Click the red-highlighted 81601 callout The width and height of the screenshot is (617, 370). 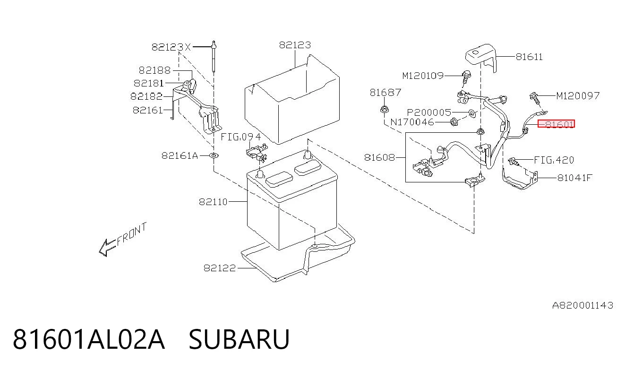(557, 124)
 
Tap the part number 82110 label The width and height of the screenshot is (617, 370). (213, 202)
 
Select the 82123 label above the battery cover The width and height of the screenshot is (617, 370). (295, 45)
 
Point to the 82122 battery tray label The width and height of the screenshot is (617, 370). (220, 268)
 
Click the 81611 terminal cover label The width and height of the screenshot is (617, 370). (529, 57)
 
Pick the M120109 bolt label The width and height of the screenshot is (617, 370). (423, 76)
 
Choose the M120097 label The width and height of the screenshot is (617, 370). (578, 96)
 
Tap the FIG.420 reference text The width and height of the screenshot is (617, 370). (554, 160)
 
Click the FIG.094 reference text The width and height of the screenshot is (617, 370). (241, 137)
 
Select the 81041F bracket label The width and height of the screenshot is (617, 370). (574, 178)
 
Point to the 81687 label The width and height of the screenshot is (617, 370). (386, 93)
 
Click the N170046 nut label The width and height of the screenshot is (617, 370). (412, 122)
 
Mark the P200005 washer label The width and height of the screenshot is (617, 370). (429, 112)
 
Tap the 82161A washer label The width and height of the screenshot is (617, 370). (180, 155)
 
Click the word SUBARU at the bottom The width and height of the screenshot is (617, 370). (239, 339)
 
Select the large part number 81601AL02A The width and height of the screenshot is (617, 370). (89, 339)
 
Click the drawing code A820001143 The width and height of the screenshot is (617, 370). (583, 305)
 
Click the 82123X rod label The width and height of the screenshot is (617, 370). (171, 47)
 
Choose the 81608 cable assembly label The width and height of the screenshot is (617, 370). (379, 157)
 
